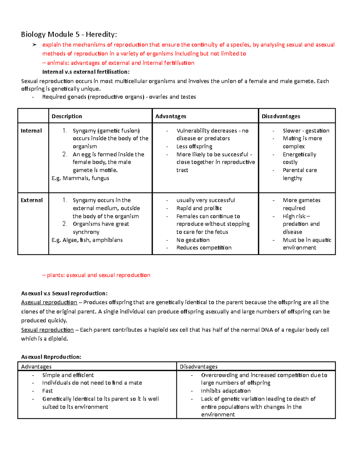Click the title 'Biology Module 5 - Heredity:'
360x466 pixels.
coord(69,35)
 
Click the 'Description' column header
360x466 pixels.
coord(67,116)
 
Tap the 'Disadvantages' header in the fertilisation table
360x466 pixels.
coord(280,116)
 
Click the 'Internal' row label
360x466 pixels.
coord(31,131)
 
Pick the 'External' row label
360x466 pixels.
coord(31,200)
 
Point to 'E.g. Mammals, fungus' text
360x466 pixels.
coord(80,178)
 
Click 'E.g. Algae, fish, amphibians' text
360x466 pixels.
coord(87,240)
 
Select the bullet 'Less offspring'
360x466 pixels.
coord(194,146)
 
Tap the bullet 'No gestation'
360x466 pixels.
coord(193,240)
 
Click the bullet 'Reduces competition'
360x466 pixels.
coord(204,248)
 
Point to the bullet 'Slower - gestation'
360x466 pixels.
coord(306,131)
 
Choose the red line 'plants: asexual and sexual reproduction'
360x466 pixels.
coord(98,275)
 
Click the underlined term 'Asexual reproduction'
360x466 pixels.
coord(49,302)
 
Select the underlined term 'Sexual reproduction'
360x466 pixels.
coord(47,330)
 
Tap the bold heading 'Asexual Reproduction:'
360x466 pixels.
coord(51,357)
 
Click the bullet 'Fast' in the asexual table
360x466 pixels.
coord(47,391)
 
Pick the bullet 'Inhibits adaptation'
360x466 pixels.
coord(226,391)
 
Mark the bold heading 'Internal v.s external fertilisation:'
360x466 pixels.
coord(86,72)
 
